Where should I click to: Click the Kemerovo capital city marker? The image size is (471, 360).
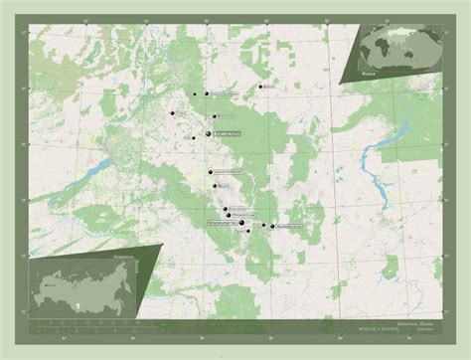[x=208, y=133]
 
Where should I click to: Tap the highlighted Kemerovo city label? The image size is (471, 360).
[x=226, y=133]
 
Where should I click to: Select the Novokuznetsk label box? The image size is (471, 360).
[x=221, y=224]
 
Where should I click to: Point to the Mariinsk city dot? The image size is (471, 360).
[x=260, y=87]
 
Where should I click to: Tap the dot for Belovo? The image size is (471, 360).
[x=214, y=185]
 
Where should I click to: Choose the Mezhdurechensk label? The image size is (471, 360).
[x=289, y=227]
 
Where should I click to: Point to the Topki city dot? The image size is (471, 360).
[x=192, y=138]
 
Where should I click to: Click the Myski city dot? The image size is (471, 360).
[x=263, y=226]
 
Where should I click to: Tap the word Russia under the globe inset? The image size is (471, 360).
[x=371, y=73]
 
